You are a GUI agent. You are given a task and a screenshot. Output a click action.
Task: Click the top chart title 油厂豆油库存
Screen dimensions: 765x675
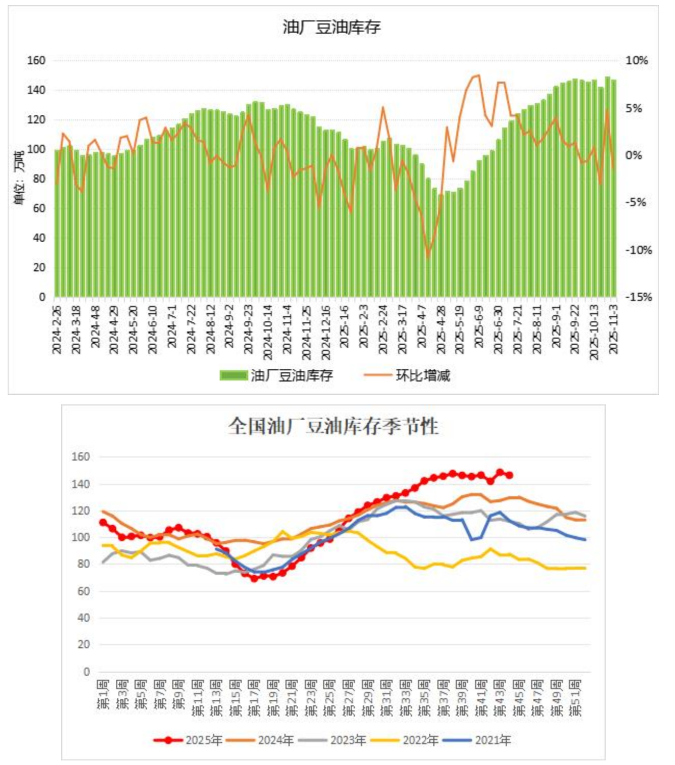click(x=331, y=27)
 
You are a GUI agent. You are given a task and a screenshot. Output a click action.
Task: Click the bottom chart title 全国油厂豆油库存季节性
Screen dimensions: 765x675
click(x=333, y=426)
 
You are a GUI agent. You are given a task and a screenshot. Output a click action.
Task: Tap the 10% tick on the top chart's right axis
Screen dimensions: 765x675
click(x=636, y=60)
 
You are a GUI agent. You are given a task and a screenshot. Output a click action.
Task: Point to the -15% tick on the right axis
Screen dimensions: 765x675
click(x=638, y=297)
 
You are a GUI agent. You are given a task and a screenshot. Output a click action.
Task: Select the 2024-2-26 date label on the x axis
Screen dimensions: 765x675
click(x=57, y=329)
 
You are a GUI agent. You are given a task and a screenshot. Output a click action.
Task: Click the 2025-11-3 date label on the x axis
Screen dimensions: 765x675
click(x=613, y=329)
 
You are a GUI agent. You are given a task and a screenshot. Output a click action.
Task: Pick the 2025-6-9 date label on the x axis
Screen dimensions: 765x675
click(x=479, y=326)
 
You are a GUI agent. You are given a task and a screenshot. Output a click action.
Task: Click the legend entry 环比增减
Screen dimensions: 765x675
click(x=423, y=376)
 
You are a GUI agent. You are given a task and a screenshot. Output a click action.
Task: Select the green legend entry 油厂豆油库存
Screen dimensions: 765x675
click(x=291, y=376)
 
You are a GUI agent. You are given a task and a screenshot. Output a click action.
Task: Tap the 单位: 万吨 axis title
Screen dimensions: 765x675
click(x=19, y=178)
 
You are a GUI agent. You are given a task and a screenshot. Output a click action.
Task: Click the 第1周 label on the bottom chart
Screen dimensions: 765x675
click(x=103, y=695)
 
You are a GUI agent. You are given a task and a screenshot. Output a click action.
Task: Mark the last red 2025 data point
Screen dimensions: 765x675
click(x=509, y=475)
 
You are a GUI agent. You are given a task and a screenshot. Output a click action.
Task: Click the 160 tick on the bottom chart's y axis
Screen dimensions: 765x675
click(x=81, y=456)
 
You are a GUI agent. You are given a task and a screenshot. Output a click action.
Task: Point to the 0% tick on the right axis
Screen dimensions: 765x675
click(x=634, y=155)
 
